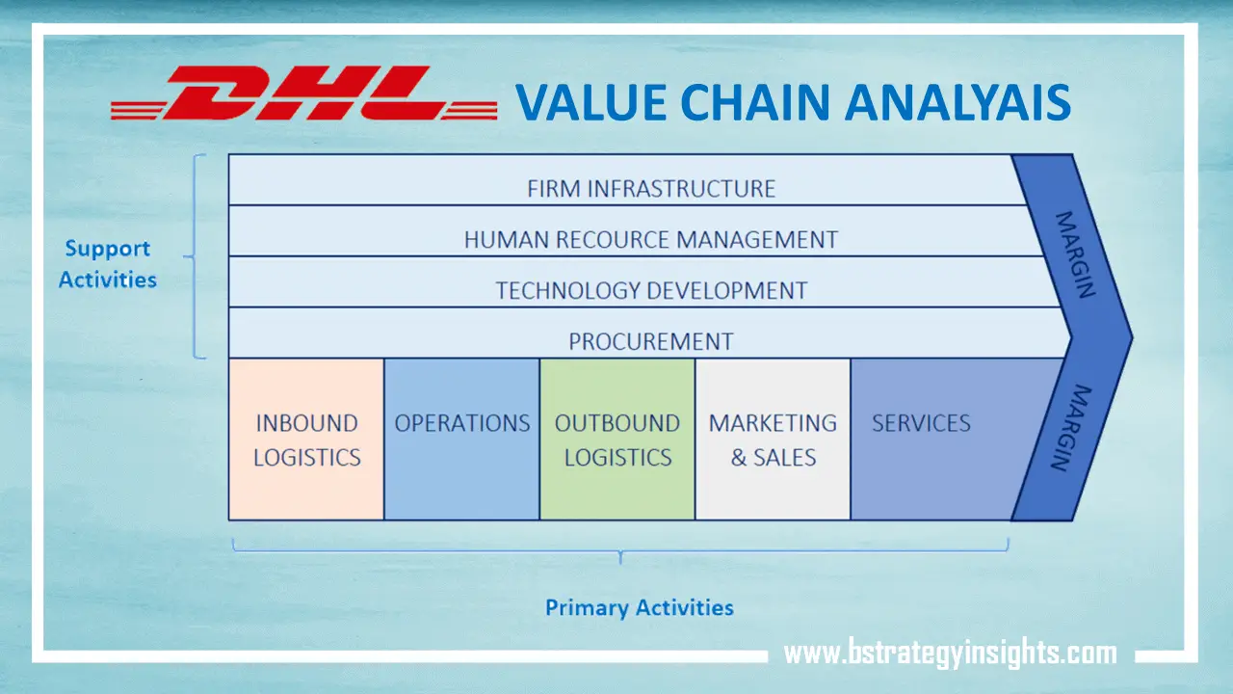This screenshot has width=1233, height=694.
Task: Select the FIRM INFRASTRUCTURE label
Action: click(650, 188)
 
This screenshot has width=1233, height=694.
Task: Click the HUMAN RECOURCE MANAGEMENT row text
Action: click(650, 239)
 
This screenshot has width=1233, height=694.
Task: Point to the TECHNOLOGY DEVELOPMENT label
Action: click(650, 290)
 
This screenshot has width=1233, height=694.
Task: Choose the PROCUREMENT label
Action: click(650, 341)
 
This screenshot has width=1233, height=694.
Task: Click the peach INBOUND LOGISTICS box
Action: click(306, 440)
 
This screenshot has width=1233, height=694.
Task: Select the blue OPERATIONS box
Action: click(461, 440)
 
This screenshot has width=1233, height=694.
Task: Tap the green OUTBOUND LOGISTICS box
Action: click(617, 440)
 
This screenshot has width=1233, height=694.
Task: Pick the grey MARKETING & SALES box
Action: click(773, 440)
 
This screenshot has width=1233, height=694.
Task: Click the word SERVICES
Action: click(921, 423)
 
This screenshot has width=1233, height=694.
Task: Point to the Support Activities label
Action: click(108, 264)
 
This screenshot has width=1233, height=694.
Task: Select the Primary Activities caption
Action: click(639, 608)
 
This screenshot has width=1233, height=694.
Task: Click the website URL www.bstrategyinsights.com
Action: click(950, 653)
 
